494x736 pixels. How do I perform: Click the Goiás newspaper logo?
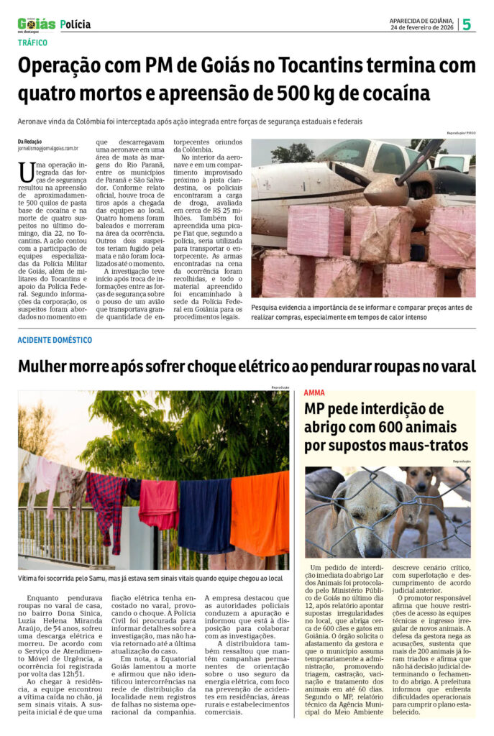36,24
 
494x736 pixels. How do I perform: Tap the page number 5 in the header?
467,24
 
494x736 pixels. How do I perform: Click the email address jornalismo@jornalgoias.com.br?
48,148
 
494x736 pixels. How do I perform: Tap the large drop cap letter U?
27,172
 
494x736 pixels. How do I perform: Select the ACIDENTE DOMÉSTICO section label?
55,339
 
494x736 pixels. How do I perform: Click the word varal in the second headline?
452,367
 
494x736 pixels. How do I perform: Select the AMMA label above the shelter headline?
314,393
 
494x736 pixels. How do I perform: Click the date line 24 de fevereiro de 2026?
421,27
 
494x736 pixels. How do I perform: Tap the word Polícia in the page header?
76,24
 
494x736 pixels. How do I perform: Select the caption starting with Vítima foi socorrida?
150,578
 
